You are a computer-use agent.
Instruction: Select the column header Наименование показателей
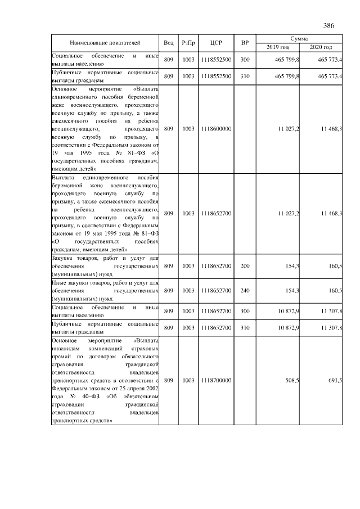tap(105, 43)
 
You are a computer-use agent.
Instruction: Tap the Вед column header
tap(168, 43)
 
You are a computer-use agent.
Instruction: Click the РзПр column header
tap(188, 43)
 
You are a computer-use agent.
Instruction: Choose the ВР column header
tap(245, 43)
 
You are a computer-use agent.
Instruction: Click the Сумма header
tap(299, 38)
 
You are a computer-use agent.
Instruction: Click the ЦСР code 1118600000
tap(216, 129)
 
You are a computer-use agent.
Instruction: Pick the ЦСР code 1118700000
tap(216, 381)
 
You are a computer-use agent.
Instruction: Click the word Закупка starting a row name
tap(63, 258)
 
